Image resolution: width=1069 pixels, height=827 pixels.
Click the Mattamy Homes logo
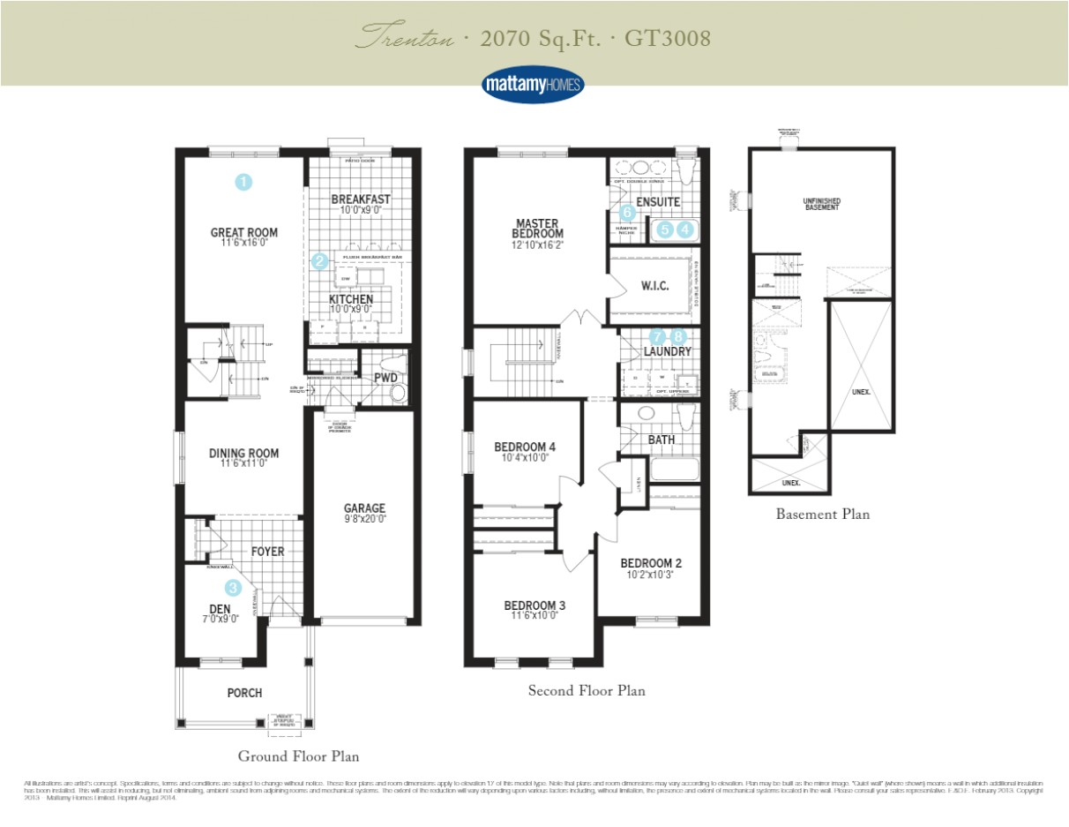click(x=533, y=84)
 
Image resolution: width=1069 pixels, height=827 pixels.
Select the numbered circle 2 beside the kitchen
click(x=319, y=260)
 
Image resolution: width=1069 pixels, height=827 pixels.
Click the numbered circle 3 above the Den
click(x=233, y=587)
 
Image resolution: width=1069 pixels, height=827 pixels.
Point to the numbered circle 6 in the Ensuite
click(x=627, y=212)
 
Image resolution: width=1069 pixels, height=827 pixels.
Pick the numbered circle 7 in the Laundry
click(x=656, y=336)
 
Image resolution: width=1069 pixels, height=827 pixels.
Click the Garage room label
click(x=364, y=507)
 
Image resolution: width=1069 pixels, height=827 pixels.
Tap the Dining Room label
click(x=243, y=453)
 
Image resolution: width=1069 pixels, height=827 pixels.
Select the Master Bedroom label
click(x=538, y=228)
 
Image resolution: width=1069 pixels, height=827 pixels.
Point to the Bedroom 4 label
click(x=525, y=447)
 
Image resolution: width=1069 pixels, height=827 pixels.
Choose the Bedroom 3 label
click(x=534, y=605)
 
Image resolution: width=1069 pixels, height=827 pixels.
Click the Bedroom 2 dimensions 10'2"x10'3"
click(x=651, y=575)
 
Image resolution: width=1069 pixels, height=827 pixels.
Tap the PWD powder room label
click(x=385, y=377)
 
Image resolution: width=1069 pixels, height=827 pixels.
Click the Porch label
click(x=244, y=693)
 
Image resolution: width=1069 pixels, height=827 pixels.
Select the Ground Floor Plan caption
click(x=298, y=756)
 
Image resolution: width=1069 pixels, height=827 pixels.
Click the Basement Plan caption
click(x=822, y=514)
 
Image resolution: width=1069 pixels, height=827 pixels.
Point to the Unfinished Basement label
click(x=821, y=204)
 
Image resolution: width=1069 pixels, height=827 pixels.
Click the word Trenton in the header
click(x=407, y=38)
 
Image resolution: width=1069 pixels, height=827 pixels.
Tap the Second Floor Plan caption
click(x=587, y=690)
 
